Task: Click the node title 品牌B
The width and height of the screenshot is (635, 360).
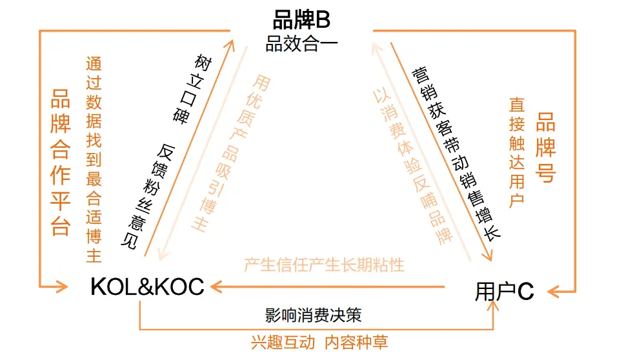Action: point(301,20)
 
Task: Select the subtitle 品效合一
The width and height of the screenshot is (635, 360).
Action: point(301,45)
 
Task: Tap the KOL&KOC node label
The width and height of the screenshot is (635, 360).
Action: point(147,286)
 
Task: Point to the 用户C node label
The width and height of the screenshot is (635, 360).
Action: point(504,292)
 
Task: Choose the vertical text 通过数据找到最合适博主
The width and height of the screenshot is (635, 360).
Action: point(94,160)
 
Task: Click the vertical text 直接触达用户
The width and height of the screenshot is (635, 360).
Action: point(517,152)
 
